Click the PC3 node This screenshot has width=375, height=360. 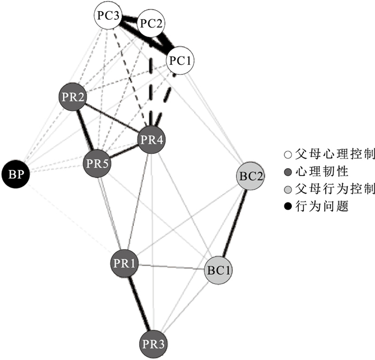(x=108, y=15)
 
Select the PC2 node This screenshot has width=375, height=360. (x=151, y=24)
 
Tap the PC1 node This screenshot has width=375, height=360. (x=180, y=61)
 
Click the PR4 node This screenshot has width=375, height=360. (x=152, y=140)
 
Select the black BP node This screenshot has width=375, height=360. (x=14, y=173)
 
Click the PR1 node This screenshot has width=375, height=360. (x=126, y=263)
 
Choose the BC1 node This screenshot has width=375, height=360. (x=219, y=270)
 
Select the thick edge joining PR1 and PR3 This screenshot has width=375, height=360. (x=140, y=303)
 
